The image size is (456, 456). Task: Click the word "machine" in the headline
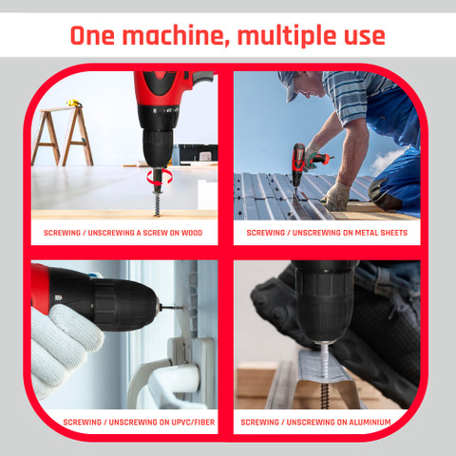coord(174,35)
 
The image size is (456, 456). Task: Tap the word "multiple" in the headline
coord(287,35)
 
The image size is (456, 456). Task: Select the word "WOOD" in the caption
coord(192,233)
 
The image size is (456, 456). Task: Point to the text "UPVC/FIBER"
coord(193,422)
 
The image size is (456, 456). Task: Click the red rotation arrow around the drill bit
coord(160,178)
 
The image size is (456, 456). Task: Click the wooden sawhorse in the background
coord(63,136)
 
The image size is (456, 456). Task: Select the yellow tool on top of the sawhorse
coord(74,103)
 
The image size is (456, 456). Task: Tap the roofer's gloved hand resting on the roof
coord(336,197)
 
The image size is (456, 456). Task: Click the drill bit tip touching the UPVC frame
coord(181,307)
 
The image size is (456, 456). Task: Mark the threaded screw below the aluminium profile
coord(324,396)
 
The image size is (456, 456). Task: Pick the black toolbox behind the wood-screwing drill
coord(198,155)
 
